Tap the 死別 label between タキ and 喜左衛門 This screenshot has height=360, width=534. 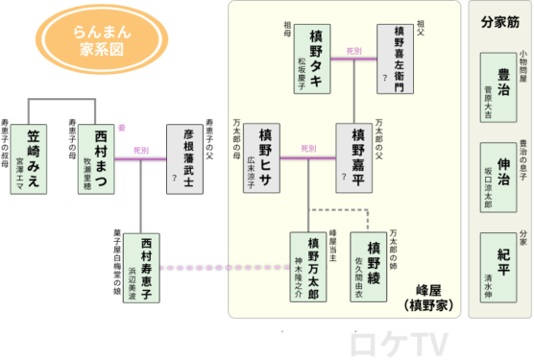352,50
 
